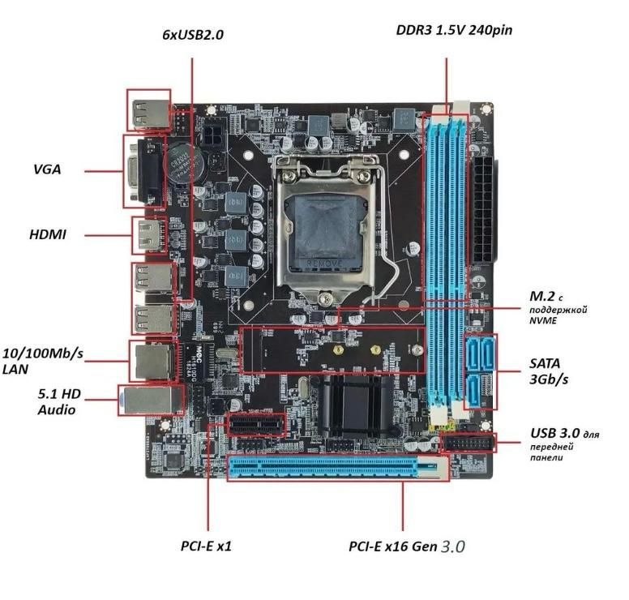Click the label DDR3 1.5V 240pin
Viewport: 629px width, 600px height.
pyautogui.click(x=453, y=31)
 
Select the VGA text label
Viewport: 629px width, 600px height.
pyautogui.click(x=47, y=170)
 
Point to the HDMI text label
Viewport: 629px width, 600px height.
pyautogui.click(x=48, y=235)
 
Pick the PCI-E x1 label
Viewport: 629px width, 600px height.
pyautogui.click(x=206, y=546)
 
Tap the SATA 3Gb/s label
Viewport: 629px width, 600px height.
pyautogui.click(x=546, y=371)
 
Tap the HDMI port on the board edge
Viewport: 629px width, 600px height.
pyautogui.click(x=148, y=235)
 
